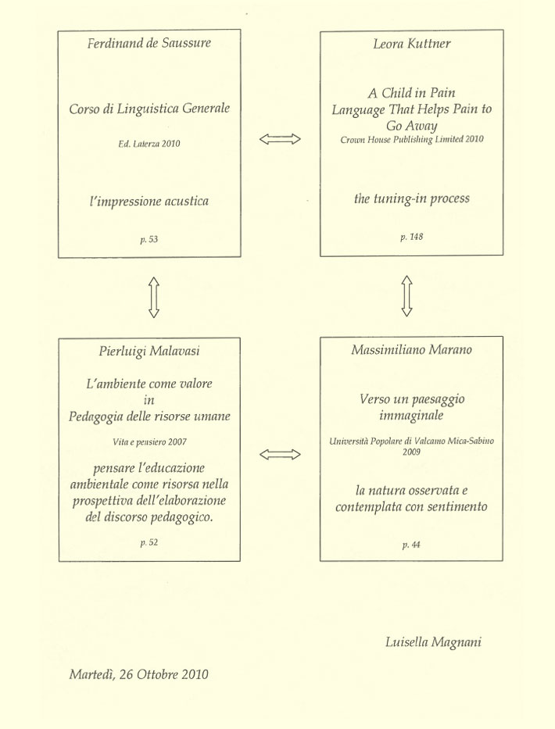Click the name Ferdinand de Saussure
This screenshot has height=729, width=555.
tap(149, 43)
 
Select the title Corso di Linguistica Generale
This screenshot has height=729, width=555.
tap(149, 109)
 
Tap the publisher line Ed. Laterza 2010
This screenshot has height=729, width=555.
tap(149, 144)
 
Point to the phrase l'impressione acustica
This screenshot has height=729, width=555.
tap(149, 202)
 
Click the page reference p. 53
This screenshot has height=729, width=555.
tap(149, 239)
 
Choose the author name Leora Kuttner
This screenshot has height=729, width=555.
tap(412, 44)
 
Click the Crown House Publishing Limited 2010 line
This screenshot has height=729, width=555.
tap(412, 139)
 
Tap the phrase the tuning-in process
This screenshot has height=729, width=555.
tap(412, 198)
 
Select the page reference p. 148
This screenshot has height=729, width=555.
tap(412, 237)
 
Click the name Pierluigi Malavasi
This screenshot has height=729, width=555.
tap(149, 351)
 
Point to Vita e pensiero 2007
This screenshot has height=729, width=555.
tap(149, 441)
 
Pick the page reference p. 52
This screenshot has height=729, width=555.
tap(149, 542)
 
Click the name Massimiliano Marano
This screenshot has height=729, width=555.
tap(411, 349)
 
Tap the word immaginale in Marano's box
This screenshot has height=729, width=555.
tap(411, 415)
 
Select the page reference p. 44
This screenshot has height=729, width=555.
tap(411, 545)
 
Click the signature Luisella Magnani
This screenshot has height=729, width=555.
tap(433, 642)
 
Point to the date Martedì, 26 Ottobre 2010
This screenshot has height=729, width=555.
tap(138, 674)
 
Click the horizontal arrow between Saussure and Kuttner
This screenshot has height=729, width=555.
tap(280, 139)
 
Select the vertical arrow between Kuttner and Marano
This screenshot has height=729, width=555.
tap(407, 296)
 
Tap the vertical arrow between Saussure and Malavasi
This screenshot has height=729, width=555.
tap(154, 298)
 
